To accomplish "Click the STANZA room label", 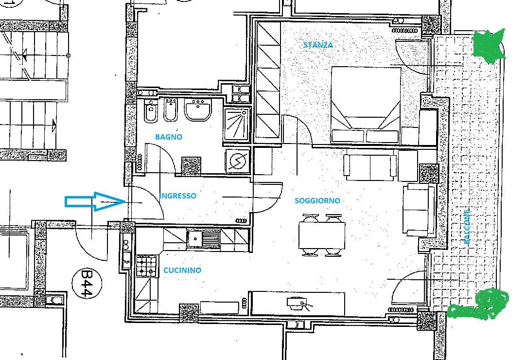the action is [x=318, y=45].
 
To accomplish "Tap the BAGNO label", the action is [x=168, y=137].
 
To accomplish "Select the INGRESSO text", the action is [x=178, y=196].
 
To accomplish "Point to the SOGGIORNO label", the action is [x=317, y=201].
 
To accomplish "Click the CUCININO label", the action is [x=182, y=270].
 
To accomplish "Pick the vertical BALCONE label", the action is [x=467, y=227].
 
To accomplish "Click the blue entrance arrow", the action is [x=95, y=201].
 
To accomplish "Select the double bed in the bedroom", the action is [x=366, y=105].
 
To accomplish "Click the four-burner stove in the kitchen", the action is [x=147, y=266].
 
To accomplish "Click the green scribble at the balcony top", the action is [x=489, y=46].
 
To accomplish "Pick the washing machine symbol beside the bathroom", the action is [x=238, y=161].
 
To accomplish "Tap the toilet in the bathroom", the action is [x=151, y=111].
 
